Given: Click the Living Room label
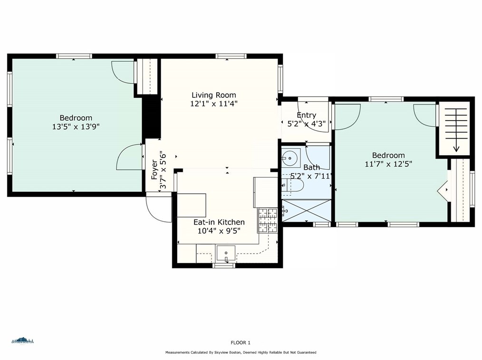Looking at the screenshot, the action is click(213, 95).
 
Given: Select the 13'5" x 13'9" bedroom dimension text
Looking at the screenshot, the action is click(76, 126).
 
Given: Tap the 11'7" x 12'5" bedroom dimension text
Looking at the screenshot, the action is click(388, 164).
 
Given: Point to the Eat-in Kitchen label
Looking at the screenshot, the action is click(219, 222).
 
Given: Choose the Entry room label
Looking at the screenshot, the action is click(307, 115).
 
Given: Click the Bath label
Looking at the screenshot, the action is click(312, 167).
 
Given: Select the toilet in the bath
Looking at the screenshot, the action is click(292, 185).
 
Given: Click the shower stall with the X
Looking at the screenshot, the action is click(307, 210).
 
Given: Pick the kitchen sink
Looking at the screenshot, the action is click(226, 253).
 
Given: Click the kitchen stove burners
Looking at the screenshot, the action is click(268, 220).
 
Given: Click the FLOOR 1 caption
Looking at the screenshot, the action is click(241, 342).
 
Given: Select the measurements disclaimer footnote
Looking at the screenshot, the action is click(241, 352).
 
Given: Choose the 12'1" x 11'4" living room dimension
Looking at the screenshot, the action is click(213, 104).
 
